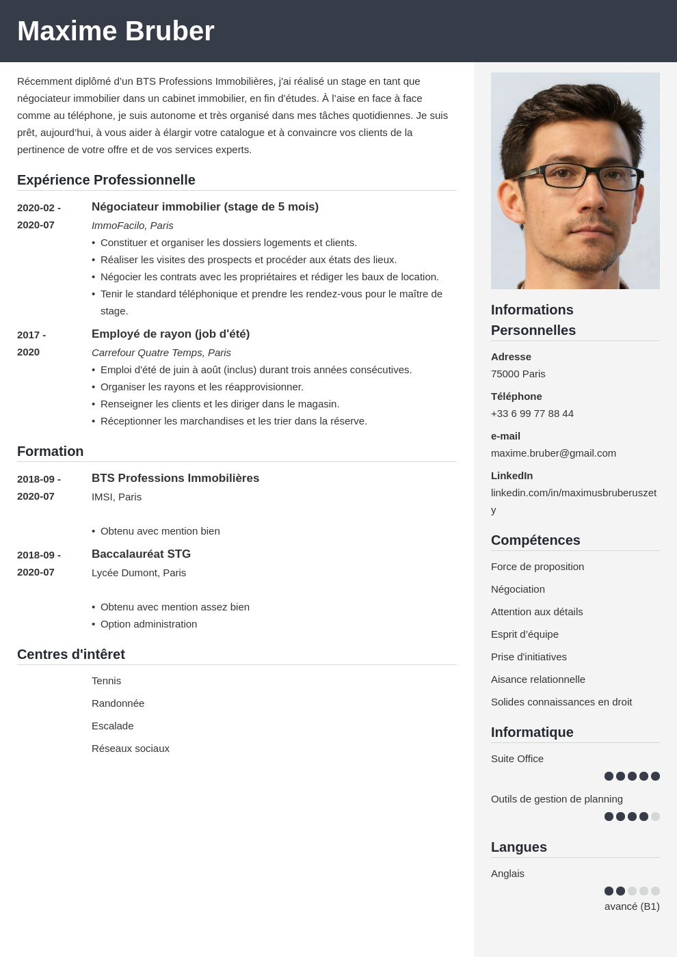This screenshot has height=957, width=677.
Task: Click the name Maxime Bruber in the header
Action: click(x=116, y=31)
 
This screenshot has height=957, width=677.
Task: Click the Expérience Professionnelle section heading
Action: click(x=106, y=180)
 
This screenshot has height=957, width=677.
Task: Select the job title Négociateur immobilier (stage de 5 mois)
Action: click(x=205, y=207)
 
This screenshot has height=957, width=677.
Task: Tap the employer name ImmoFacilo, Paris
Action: click(x=133, y=226)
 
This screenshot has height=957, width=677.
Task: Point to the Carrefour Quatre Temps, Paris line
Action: click(x=161, y=353)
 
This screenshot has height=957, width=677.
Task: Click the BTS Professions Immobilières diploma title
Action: click(x=175, y=478)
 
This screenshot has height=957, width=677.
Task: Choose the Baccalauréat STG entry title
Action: click(x=141, y=554)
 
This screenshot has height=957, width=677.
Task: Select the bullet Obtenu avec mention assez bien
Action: click(x=174, y=607)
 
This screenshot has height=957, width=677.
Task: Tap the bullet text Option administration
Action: click(x=148, y=624)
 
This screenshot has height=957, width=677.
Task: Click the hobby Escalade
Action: click(x=113, y=726)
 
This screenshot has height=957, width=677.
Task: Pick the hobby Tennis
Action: click(x=106, y=681)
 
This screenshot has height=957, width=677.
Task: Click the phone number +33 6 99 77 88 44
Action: click(x=532, y=414)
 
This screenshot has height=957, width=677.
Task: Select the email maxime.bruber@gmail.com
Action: click(x=553, y=453)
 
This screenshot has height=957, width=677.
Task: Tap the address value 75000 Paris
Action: click(x=518, y=374)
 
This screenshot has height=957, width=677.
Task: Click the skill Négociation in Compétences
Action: click(x=518, y=589)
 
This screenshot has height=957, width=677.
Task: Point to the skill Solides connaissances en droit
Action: click(x=561, y=702)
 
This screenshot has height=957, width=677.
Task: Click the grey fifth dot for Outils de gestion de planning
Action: click(x=655, y=816)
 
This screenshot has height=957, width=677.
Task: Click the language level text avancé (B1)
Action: click(x=632, y=906)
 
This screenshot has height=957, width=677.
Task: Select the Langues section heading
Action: click(x=519, y=847)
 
